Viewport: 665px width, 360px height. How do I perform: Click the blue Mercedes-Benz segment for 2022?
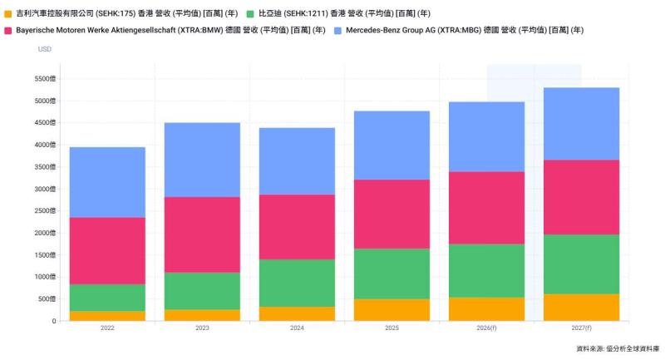(107, 182)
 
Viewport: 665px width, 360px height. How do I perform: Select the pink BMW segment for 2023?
(202, 234)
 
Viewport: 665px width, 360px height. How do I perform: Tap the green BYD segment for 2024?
(297, 283)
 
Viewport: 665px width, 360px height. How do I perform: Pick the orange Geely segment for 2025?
(392, 309)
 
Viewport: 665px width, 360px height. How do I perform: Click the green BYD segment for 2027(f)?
(581, 264)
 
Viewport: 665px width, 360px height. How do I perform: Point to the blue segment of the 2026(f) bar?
(486, 136)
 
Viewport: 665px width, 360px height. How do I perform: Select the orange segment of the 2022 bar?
(107, 316)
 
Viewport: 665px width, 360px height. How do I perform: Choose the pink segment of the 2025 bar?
(392, 214)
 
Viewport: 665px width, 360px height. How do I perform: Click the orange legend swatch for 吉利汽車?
(8, 14)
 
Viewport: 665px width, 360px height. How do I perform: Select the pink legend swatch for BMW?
(8, 30)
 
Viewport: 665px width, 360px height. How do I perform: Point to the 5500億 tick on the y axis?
(45, 79)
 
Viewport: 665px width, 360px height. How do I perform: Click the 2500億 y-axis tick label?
(45, 211)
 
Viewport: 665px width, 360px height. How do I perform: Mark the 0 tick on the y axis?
(53, 321)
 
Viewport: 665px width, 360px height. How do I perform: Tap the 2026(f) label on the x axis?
(486, 328)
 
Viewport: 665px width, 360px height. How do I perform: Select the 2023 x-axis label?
(202, 328)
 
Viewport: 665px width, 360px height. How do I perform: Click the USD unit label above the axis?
(45, 49)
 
